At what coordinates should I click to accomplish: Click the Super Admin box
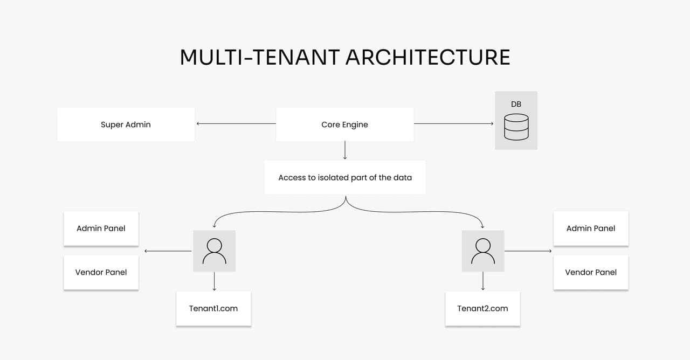pyautogui.click(x=126, y=124)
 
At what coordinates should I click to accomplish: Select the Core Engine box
pyautogui.click(x=344, y=124)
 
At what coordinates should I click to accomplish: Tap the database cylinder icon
pyautogui.click(x=516, y=127)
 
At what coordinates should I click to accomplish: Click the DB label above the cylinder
pyautogui.click(x=516, y=104)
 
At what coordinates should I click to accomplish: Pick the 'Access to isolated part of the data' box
pyautogui.click(x=345, y=177)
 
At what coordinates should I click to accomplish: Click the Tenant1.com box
pyautogui.click(x=213, y=308)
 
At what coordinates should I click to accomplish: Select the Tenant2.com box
pyautogui.click(x=482, y=308)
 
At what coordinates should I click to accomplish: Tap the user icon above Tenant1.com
pyautogui.click(x=215, y=251)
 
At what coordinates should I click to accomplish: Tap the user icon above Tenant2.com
pyautogui.click(x=483, y=251)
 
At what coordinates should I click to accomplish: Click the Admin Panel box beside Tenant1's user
pyautogui.click(x=101, y=228)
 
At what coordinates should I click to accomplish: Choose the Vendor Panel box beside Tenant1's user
pyautogui.click(x=101, y=272)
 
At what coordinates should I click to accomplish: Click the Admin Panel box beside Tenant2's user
pyautogui.click(x=591, y=228)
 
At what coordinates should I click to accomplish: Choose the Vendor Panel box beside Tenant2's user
pyautogui.click(x=591, y=272)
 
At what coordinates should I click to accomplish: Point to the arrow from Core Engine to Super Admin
pyautogui.click(x=236, y=123)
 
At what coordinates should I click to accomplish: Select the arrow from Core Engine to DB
pyautogui.click(x=453, y=123)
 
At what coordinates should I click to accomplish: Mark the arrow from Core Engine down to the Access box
pyautogui.click(x=344, y=150)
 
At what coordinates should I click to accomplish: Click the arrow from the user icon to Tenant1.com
pyautogui.click(x=215, y=281)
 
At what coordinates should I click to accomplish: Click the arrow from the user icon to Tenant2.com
pyautogui.click(x=482, y=281)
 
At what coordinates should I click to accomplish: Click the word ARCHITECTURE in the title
pyautogui.click(x=428, y=57)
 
